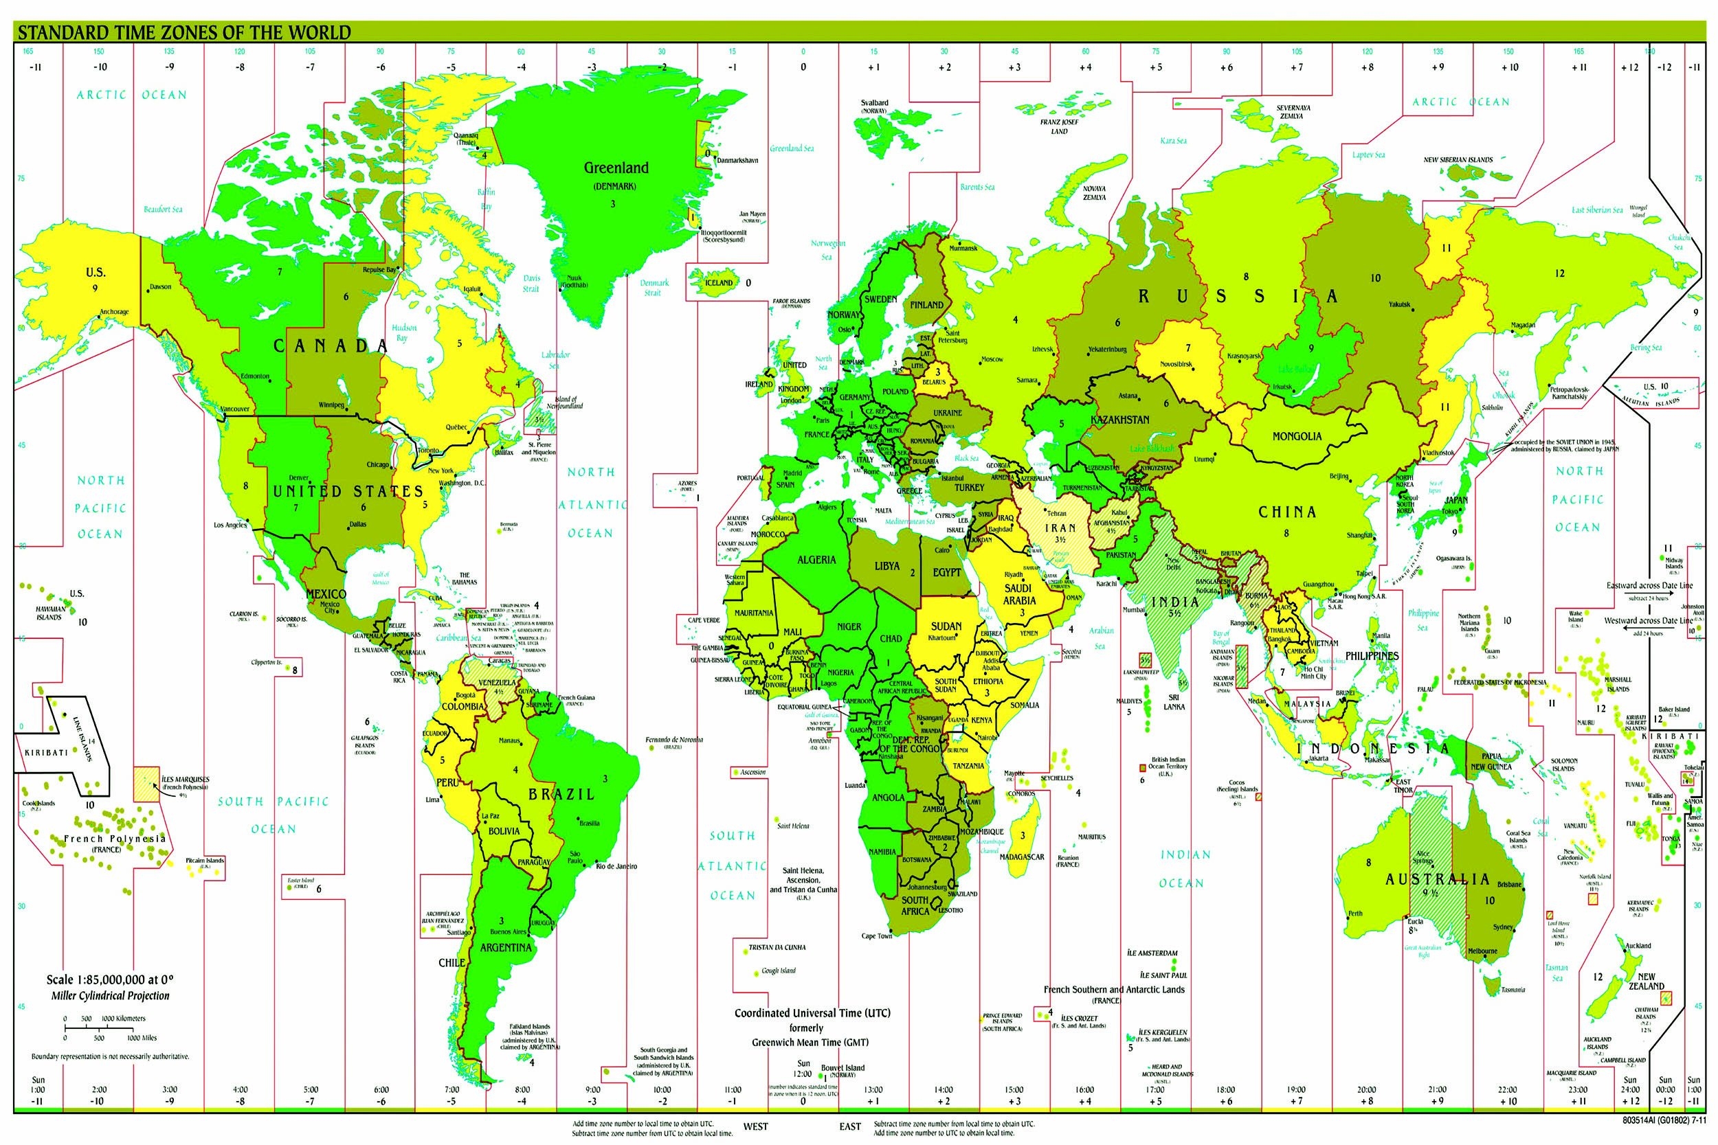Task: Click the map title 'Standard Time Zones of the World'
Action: (183, 33)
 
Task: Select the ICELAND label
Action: (718, 282)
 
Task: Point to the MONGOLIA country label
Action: (1297, 436)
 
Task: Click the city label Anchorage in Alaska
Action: (114, 312)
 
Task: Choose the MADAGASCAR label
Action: (1021, 857)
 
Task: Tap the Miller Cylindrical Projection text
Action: (111, 995)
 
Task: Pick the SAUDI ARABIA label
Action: (1018, 593)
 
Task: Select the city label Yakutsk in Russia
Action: (1400, 304)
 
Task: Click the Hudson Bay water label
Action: (404, 333)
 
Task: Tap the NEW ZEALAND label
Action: (1646, 981)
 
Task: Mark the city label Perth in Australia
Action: (1355, 914)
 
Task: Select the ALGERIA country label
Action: (816, 560)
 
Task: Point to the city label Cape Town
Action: (877, 936)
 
